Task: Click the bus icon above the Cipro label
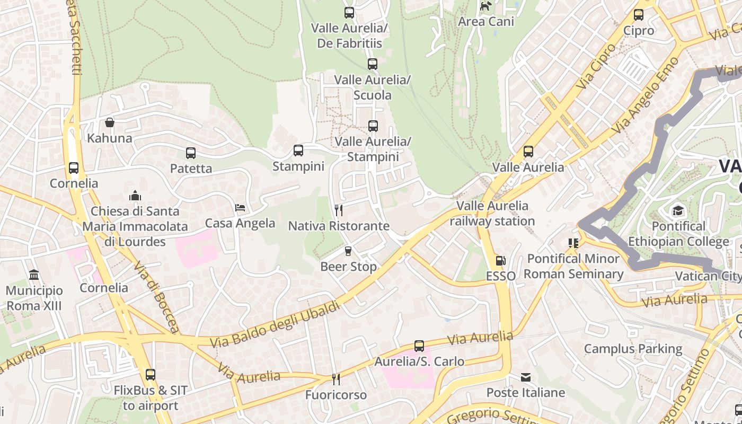pos(639,15)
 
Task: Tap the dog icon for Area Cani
pos(485,6)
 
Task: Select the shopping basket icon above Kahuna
pos(110,123)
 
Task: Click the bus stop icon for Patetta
pos(191,153)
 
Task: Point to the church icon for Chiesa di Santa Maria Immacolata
pos(135,196)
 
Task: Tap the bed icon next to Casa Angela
pos(240,208)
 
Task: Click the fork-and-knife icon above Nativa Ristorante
pos(339,210)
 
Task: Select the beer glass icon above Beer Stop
pos(348,251)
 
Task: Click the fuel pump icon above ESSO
pos(500,261)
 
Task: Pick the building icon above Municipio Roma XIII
pos(34,275)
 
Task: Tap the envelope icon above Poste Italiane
pos(526,377)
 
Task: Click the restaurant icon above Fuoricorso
pos(335,379)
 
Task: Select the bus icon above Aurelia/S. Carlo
pos(419,346)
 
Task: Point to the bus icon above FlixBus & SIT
pos(151,375)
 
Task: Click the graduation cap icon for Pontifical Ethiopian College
pos(678,211)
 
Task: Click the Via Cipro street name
pos(597,66)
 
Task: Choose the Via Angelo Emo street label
pos(644,96)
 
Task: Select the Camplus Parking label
pos(633,349)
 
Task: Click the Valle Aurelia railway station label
pos(492,214)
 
